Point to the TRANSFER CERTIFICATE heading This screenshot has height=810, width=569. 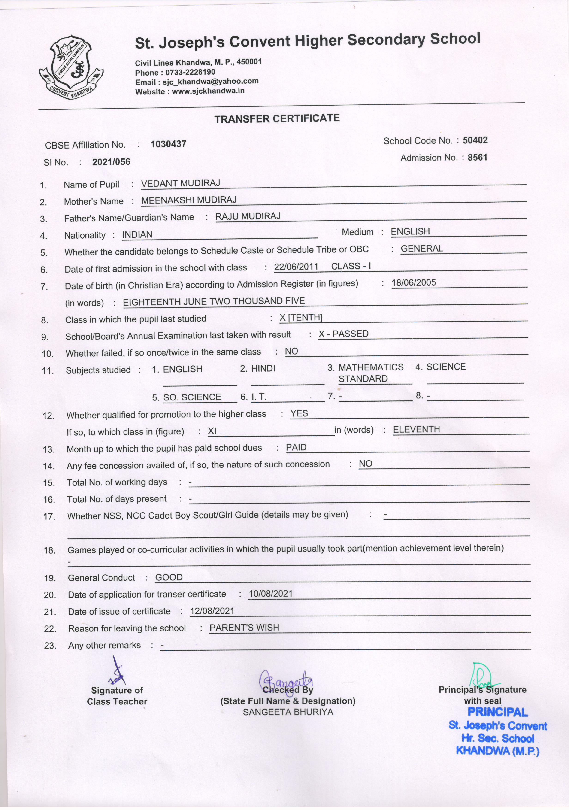point(277,118)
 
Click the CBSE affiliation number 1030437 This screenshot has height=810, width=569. point(168,144)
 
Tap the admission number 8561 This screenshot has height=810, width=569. point(477,157)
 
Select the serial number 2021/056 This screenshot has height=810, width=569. point(111,162)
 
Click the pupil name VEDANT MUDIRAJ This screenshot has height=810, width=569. point(180,183)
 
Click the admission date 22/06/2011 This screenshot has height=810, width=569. point(296,267)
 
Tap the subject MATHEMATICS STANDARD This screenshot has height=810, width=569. point(370,373)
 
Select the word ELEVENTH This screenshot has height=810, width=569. point(416,429)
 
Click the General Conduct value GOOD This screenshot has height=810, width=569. point(169,577)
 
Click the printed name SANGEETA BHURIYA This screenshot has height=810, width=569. point(288,712)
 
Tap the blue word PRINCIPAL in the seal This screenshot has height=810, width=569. point(497,712)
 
